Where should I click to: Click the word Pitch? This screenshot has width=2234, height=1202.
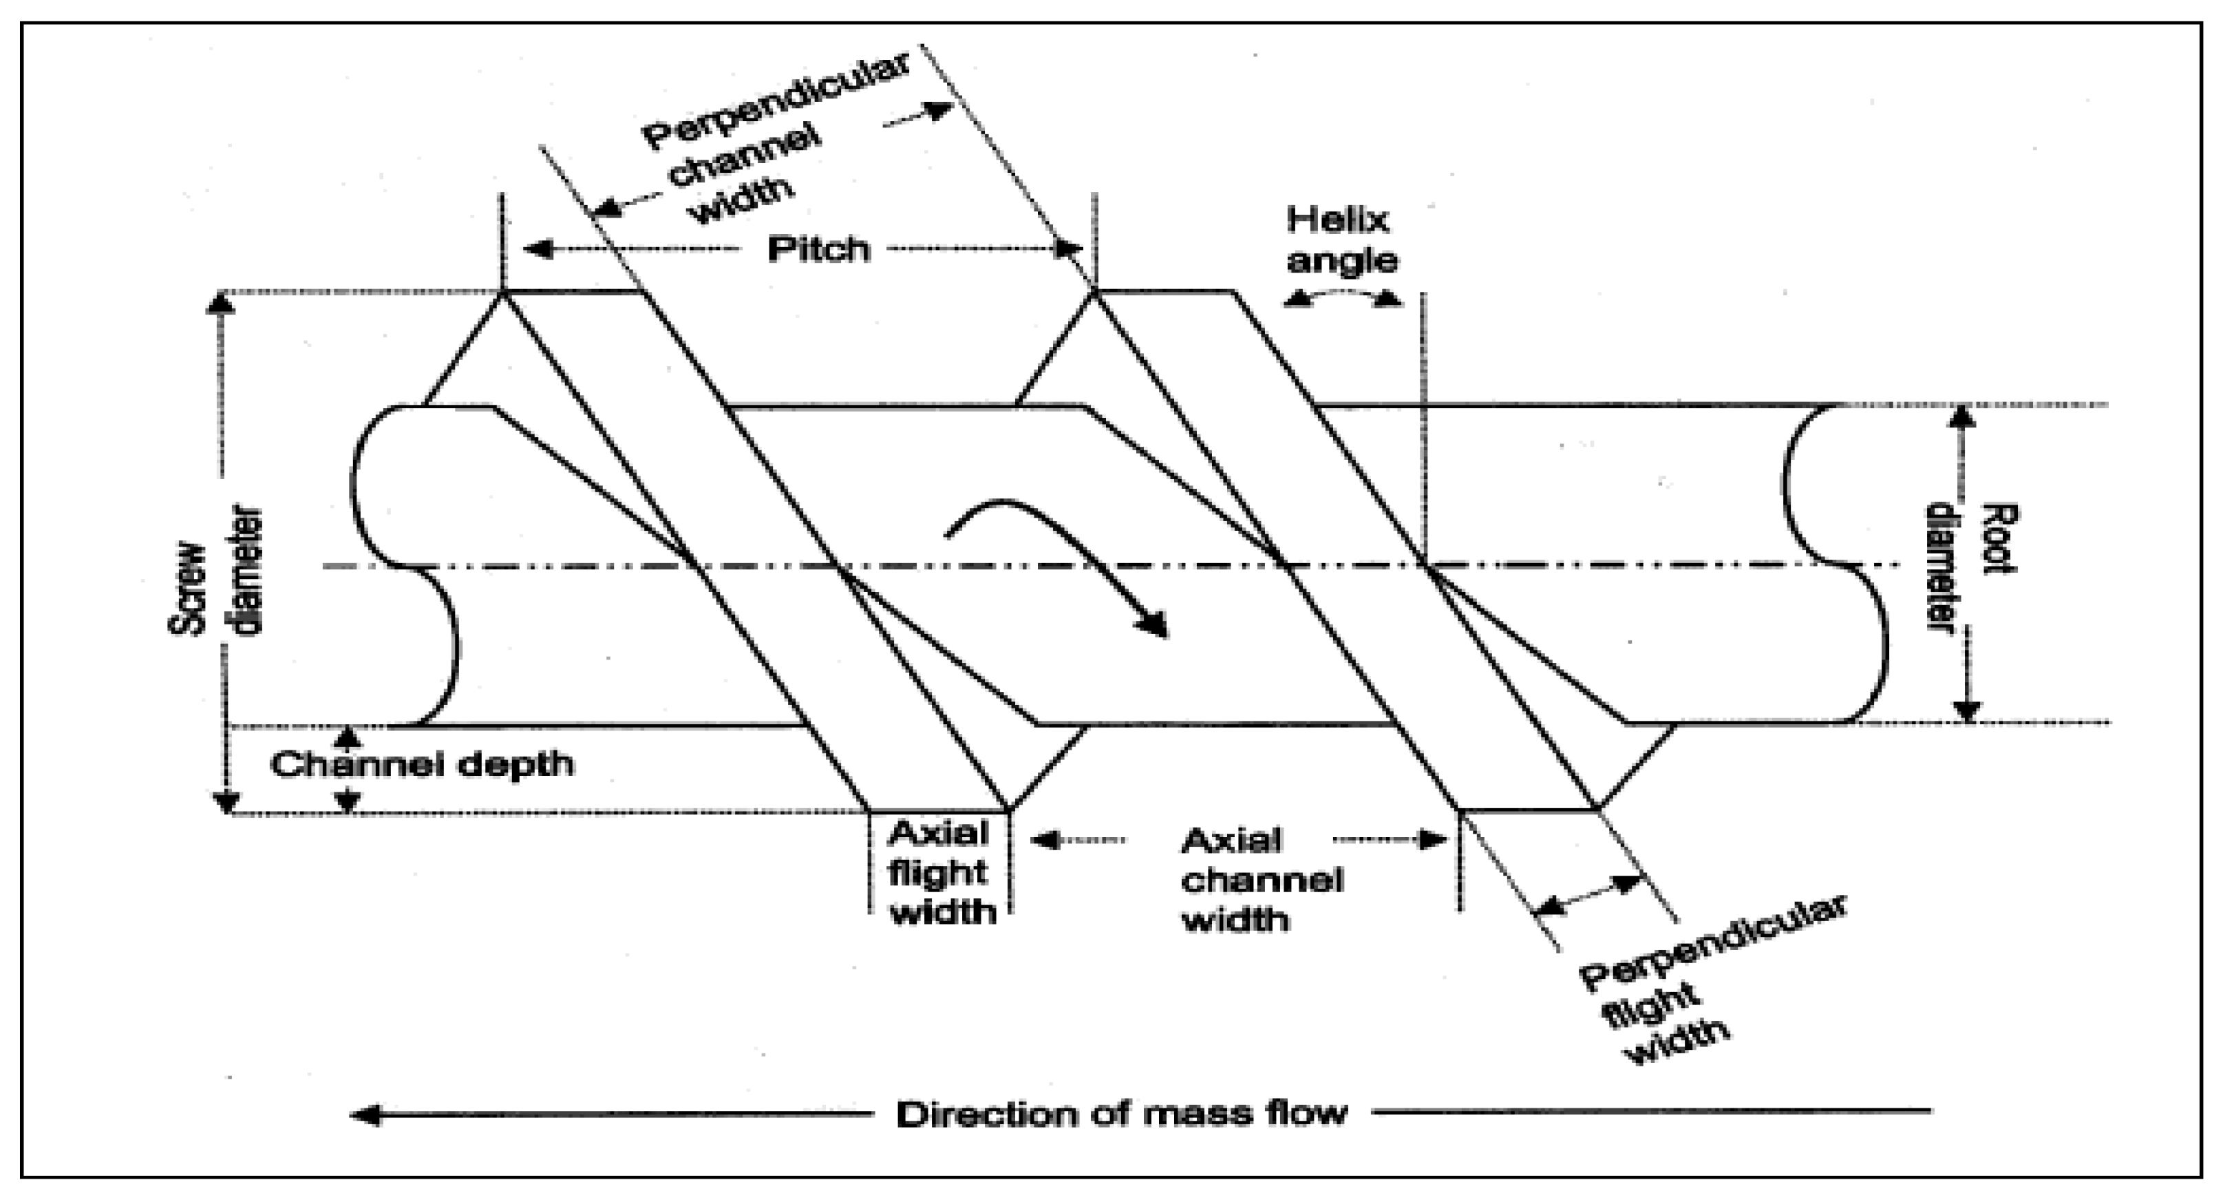click(x=818, y=250)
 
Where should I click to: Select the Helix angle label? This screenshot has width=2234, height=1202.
click(x=1341, y=240)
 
